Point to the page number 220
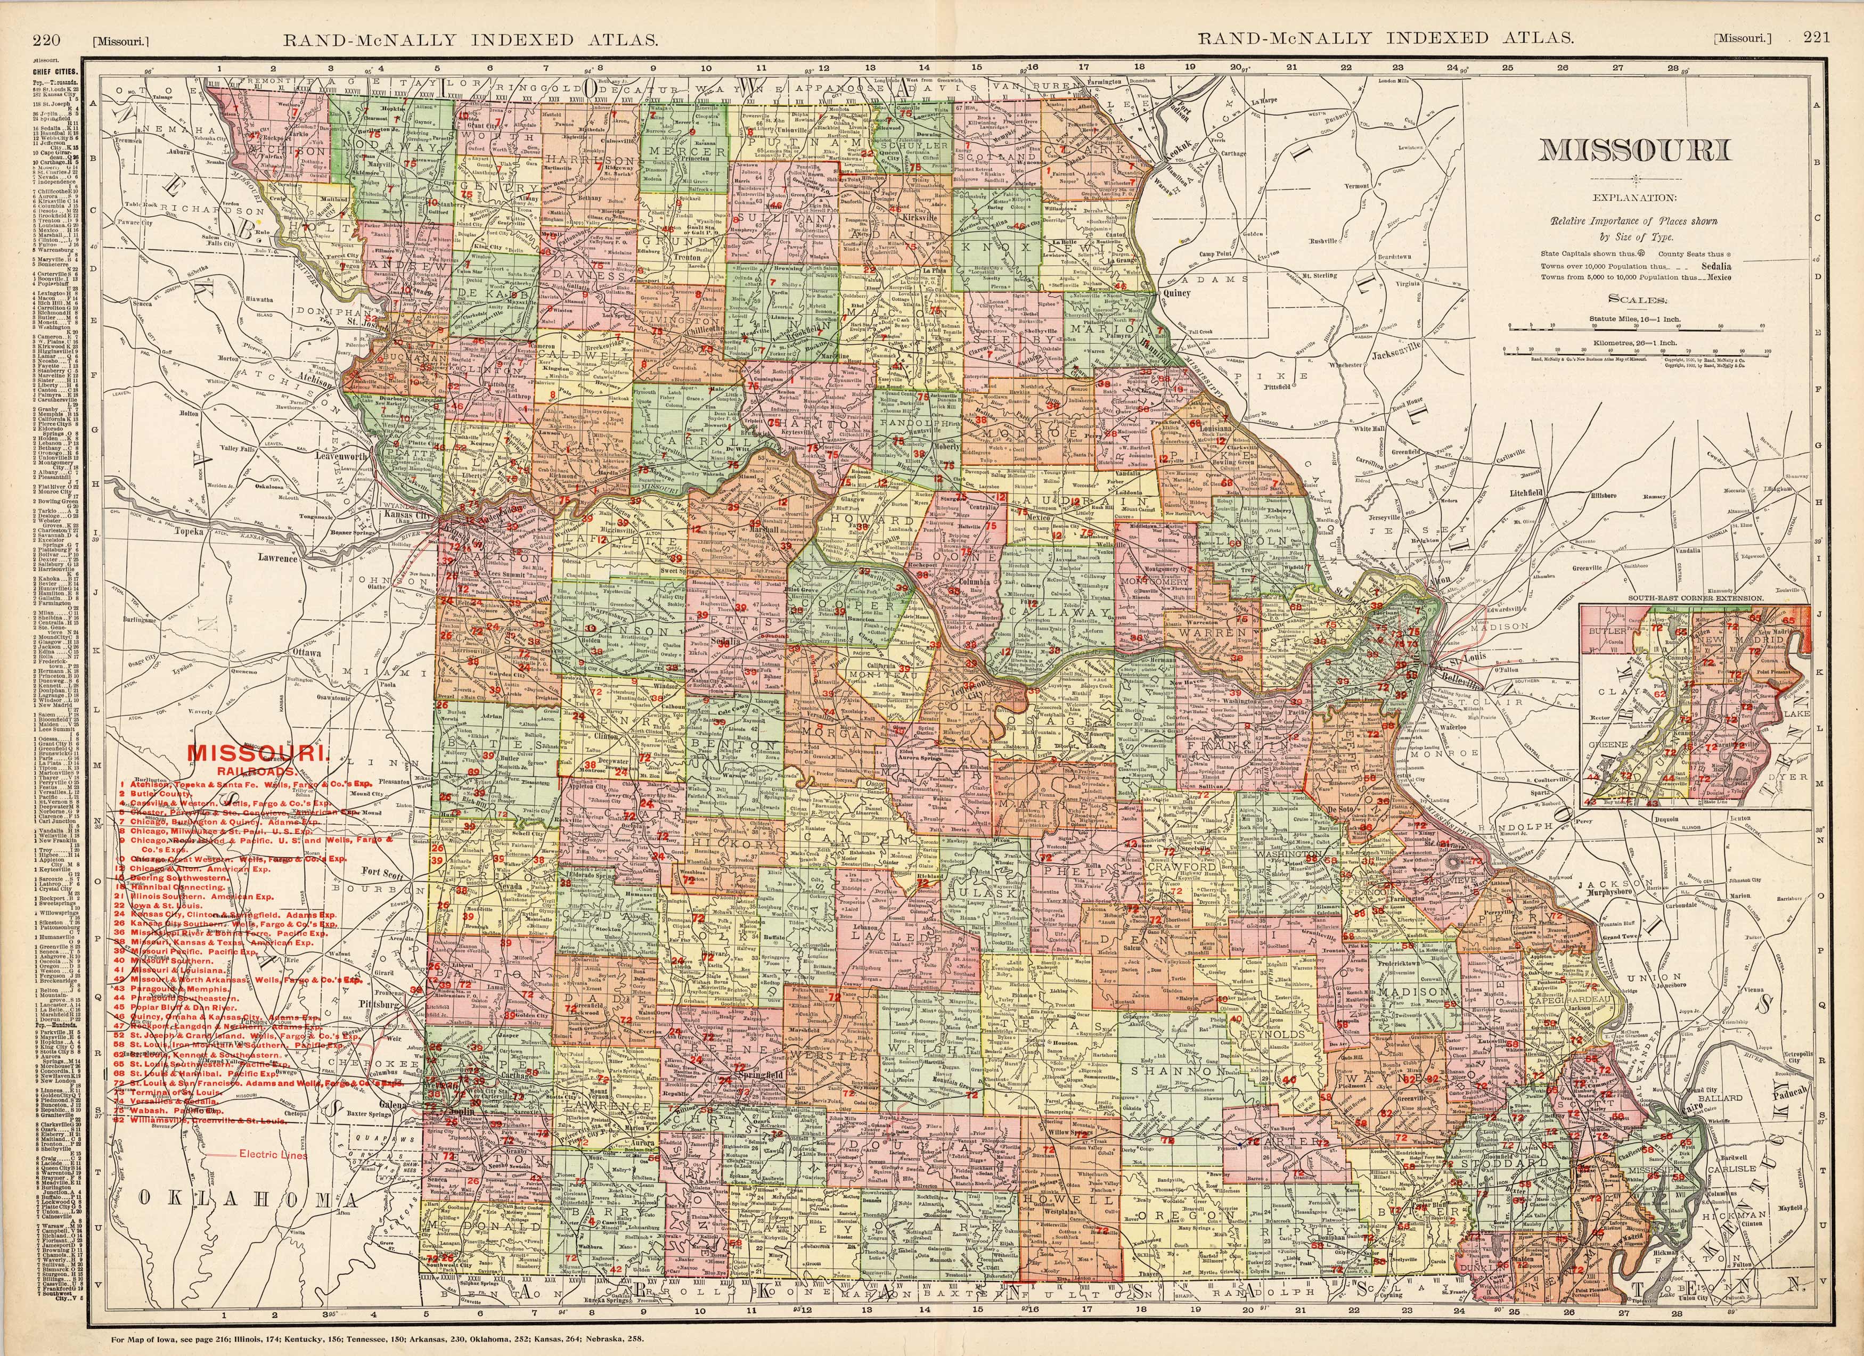pos(47,38)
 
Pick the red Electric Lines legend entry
pos(274,1155)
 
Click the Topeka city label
pos(189,532)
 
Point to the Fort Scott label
pos(383,872)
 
